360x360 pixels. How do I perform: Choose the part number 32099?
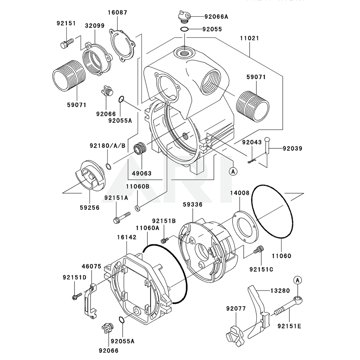click(x=95, y=26)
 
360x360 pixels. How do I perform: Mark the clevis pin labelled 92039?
click(x=268, y=145)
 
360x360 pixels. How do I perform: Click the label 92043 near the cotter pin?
click(x=252, y=143)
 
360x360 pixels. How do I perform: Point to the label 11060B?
click(x=137, y=186)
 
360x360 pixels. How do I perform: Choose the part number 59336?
click(x=193, y=204)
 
